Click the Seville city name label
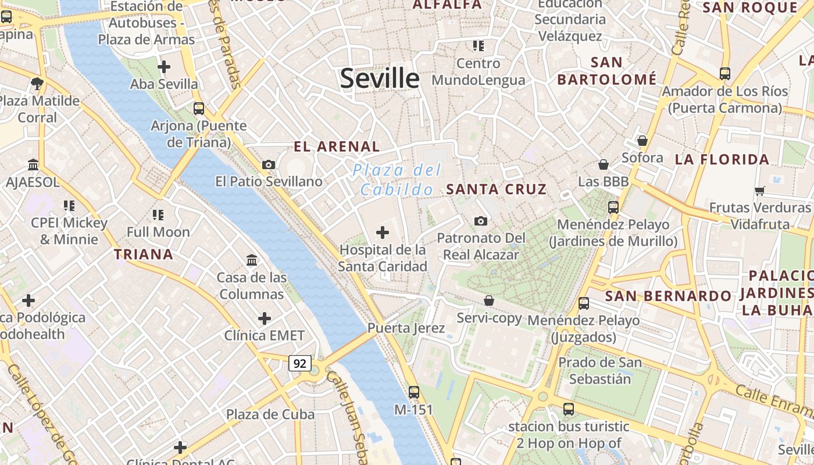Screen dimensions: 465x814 (x=380, y=78)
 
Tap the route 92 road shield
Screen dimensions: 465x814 (x=300, y=364)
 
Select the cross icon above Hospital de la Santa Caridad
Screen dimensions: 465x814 (x=383, y=233)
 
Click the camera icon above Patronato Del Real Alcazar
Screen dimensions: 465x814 (x=481, y=221)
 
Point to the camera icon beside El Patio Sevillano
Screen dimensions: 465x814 (x=268, y=165)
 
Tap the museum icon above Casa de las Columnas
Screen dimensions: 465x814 (x=252, y=260)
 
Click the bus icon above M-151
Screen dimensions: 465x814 (x=414, y=392)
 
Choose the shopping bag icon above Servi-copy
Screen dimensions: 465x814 (x=489, y=301)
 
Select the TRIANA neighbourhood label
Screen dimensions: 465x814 (x=144, y=254)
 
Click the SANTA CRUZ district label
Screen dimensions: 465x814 (x=497, y=189)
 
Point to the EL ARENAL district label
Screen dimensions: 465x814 (x=337, y=146)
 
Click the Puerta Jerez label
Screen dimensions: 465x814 (x=406, y=328)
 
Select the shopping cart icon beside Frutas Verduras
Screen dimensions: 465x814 (x=759, y=191)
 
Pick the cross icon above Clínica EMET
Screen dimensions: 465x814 (x=265, y=319)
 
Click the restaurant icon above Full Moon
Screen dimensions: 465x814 (x=158, y=215)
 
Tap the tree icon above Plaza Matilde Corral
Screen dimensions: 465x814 (x=37, y=83)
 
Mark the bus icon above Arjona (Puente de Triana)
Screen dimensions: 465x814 (x=199, y=109)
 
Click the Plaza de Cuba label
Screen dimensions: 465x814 (x=270, y=414)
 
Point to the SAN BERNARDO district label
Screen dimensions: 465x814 (x=668, y=296)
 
